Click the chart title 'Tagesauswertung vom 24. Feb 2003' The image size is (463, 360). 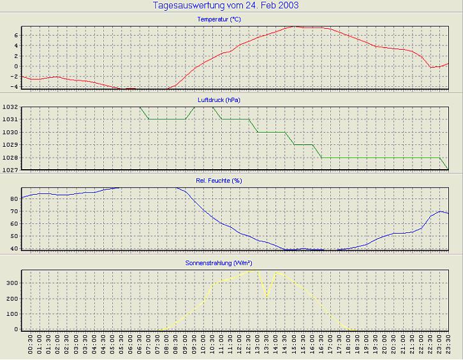pyautogui.click(x=226, y=6)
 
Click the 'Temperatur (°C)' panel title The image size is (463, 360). pyautogui.click(x=219, y=20)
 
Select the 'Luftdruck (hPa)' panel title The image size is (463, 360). pyautogui.click(x=219, y=100)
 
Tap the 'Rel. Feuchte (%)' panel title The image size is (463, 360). pyautogui.click(x=219, y=181)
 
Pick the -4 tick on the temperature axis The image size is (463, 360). pyautogui.click(x=13, y=87)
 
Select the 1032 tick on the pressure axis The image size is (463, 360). pyautogui.click(x=10, y=107)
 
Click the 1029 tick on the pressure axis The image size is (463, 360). pyautogui.click(x=10, y=145)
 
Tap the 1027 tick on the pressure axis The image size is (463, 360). pyautogui.click(x=10, y=170)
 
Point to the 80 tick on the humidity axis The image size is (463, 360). pyautogui.click(x=14, y=199)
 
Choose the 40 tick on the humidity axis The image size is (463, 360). pyautogui.click(x=14, y=248)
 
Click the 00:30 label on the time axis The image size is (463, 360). pyautogui.click(x=30, y=347)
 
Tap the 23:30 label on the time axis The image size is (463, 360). pyautogui.click(x=449, y=347)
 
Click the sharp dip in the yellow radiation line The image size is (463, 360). pyautogui.click(x=267, y=296)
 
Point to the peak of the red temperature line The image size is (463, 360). pyautogui.click(x=294, y=26)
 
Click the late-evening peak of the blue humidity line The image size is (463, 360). pyautogui.click(x=440, y=211)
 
